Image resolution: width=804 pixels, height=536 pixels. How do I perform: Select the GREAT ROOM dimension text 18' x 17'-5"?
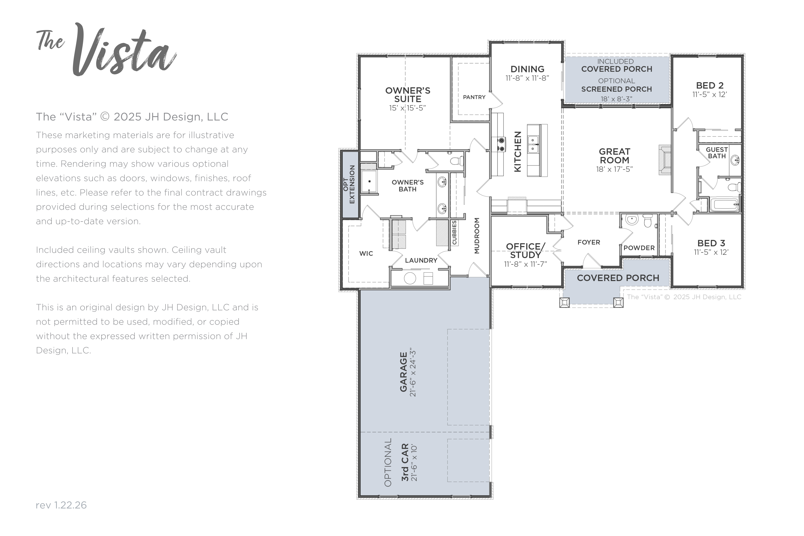614,169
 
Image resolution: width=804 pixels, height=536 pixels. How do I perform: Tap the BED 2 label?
710,85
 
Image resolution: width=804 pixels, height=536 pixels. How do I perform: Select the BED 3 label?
711,243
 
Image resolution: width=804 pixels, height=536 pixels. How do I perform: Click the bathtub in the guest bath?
724,205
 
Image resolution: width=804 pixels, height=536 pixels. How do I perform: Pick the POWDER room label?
639,248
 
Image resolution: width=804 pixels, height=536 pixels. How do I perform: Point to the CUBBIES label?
454,232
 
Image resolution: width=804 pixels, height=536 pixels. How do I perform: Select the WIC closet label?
366,253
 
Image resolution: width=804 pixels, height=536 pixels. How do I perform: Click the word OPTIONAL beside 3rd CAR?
388,462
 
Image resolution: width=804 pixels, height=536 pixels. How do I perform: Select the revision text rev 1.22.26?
61,505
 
